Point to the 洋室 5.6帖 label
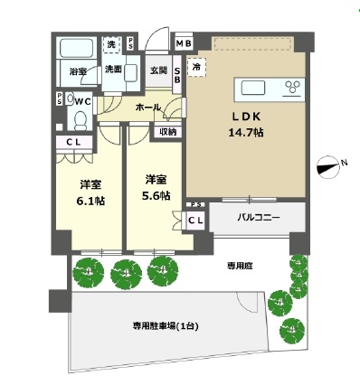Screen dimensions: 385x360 [154, 186]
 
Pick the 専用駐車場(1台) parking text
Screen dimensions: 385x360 [164, 326]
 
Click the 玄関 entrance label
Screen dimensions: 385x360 [158, 70]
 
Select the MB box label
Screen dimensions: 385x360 [184, 43]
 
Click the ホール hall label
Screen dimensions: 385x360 [148, 108]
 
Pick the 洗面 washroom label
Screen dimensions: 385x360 [113, 70]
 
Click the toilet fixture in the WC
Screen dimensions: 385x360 [80, 117]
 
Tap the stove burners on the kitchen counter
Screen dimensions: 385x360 [293, 87]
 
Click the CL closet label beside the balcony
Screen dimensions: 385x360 [195, 219]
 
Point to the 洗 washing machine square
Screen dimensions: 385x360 [111, 44]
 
